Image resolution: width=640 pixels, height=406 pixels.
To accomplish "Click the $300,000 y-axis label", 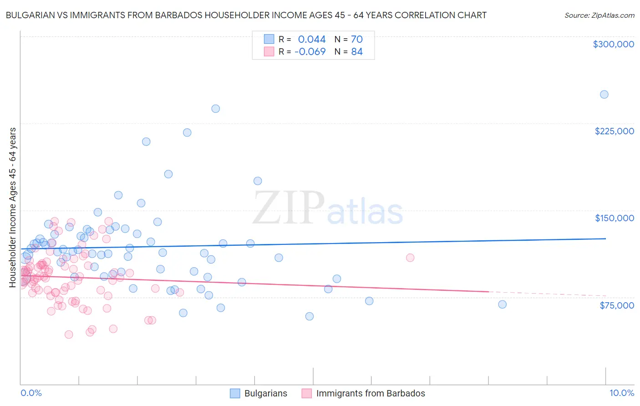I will click(613, 44).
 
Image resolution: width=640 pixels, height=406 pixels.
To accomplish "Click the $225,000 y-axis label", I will click(614, 131).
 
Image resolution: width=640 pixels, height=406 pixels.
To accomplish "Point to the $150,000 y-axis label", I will click(614, 218).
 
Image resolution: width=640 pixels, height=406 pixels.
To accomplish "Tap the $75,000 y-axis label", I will click(616, 305).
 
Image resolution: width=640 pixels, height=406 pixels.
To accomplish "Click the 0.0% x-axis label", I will click(31, 393).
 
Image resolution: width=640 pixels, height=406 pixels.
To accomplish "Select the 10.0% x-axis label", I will click(621, 393).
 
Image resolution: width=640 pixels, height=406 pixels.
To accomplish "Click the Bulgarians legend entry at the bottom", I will click(265, 393).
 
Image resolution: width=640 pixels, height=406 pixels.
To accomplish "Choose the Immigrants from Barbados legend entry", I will click(370, 393).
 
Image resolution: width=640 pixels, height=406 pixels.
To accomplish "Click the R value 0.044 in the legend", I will click(312, 39).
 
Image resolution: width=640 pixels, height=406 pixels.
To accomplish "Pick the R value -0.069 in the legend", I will click(310, 52).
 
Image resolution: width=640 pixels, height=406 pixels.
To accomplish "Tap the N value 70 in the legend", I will click(356, 39).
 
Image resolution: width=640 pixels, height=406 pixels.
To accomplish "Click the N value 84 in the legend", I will click(356, 52).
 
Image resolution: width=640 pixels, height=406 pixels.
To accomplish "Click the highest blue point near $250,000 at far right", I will click(604, 95).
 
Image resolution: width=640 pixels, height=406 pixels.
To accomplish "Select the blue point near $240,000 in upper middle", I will click(216, 109).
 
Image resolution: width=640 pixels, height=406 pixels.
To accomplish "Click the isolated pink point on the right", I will click(410, 258).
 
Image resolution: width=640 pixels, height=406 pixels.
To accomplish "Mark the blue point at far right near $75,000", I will click(502, 304).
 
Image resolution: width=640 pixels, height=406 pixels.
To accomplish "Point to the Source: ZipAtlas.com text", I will click(599, 15).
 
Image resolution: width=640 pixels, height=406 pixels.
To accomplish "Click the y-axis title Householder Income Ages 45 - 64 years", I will click(13, 207).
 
